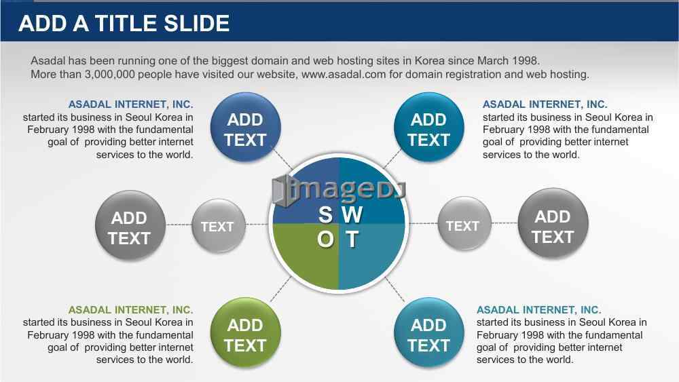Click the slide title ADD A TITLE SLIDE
pos(124,23)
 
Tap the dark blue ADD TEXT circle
pos(246,127)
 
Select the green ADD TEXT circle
pos(246,332)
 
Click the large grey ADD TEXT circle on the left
pos(130,225)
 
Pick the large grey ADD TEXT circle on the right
pos(553,224)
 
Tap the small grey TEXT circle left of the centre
pos(218,225)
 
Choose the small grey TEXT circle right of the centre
pos(464,224)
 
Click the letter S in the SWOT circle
pos(325,214)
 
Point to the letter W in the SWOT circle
pos(352,214)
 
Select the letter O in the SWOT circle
pos(326,239)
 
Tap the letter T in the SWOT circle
pos(352,239)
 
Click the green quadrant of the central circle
pos(306,256)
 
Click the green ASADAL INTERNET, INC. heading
pos(131,310)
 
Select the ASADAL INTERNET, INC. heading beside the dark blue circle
pos(131,104)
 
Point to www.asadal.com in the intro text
pos(344,75)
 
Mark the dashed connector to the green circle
pos(280,289)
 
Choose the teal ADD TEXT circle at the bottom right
pos(429,332)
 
